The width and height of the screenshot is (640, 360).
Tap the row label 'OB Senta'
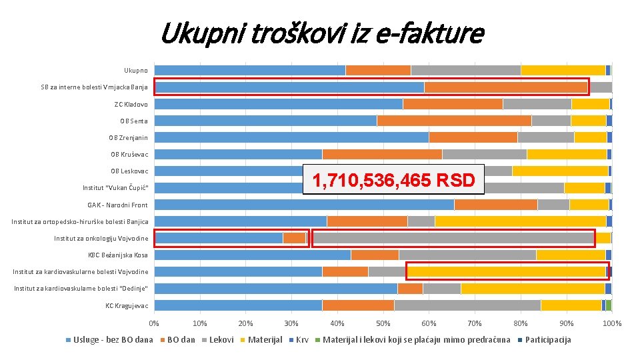click(133, 121)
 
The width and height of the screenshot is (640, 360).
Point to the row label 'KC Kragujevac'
click(127, 305)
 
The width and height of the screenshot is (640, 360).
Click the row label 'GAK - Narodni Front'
click(117, 205)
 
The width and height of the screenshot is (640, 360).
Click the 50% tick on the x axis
click(383, 323)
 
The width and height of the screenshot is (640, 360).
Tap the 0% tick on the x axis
click(154, 323)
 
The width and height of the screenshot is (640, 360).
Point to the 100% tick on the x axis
click(611, 323)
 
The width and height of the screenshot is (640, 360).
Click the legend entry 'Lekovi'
click(221, 340)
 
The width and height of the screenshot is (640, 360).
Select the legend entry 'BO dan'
click(181, 340)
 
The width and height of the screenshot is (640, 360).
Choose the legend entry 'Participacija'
click(548, 340)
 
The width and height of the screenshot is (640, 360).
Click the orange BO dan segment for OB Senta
click(454, 121)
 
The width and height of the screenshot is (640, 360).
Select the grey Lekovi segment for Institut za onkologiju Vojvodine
click(453, 238)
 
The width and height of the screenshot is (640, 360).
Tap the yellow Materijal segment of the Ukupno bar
click(563, 71)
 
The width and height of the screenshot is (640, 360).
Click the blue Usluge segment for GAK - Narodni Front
click(304, 205)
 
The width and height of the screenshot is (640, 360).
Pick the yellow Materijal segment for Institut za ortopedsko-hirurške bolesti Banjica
click(520, 221)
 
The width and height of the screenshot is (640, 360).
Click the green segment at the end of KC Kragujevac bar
click(609, 305)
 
